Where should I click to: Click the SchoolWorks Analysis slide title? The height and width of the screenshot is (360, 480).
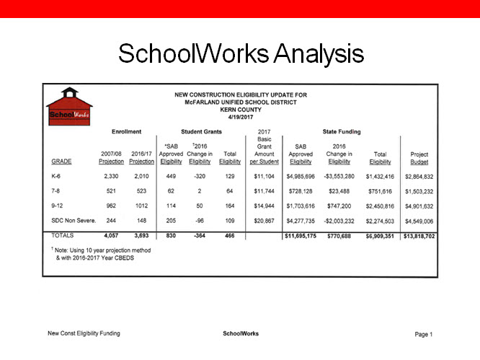[x=240, y=53]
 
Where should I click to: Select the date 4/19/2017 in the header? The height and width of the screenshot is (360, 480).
[x=240, y=116]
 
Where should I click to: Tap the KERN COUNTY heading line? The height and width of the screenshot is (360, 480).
[x=240, y=109]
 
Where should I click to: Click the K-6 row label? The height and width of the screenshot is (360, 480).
[x=56, y=176]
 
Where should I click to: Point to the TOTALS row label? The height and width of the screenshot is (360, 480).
[x=63, y=235]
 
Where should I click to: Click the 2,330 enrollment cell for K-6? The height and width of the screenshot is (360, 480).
[x=111, y=176]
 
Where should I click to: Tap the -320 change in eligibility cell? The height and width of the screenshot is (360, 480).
[x=199, y=176]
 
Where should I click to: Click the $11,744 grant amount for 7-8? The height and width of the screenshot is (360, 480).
[x=263, y=190]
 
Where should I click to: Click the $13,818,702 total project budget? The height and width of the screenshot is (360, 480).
[x=419, y=235]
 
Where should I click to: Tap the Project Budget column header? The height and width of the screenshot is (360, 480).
[x=419, y=158]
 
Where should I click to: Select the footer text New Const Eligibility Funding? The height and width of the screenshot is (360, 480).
[x=84, y=333]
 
